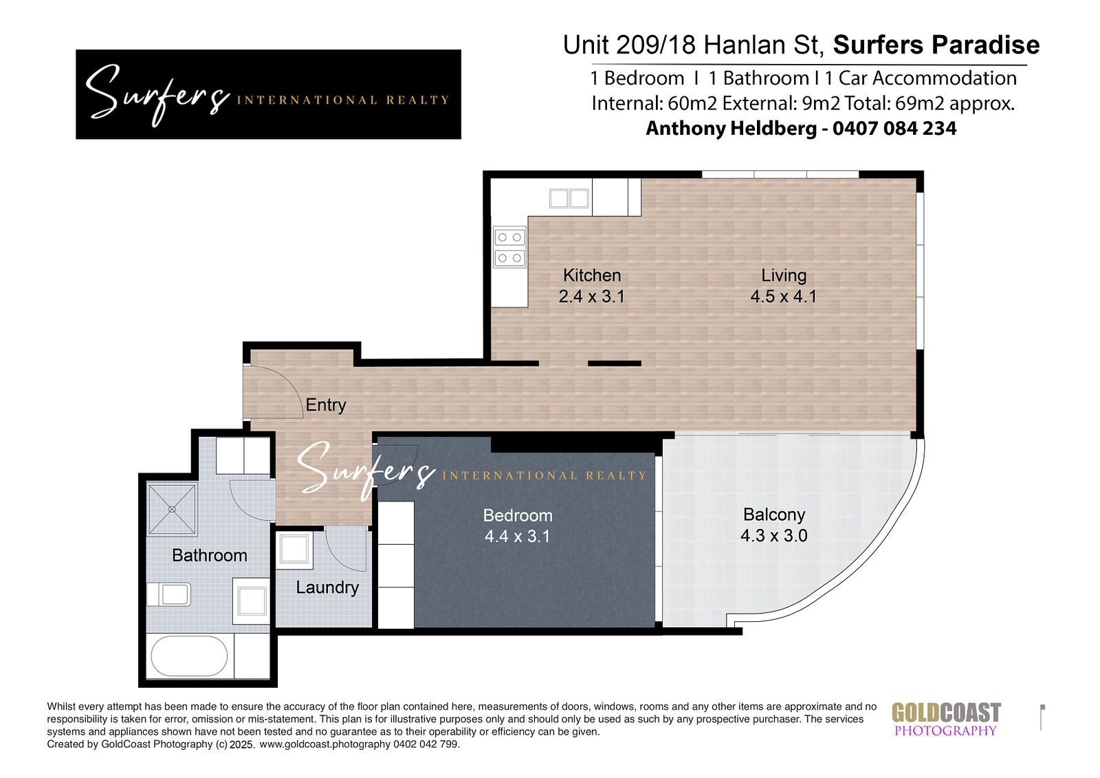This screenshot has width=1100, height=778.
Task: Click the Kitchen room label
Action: (592, 275)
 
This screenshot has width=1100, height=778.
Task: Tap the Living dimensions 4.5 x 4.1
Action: (783, 296)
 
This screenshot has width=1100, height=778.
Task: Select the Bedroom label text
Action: (518, 515)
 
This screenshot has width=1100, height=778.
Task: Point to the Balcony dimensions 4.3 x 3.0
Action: (774, 535)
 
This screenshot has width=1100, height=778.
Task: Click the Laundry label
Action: (327, 588)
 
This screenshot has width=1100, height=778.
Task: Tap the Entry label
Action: (326, 405)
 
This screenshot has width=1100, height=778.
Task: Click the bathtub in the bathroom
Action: (189, 656)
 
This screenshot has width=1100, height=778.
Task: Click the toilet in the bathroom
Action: (168, 594)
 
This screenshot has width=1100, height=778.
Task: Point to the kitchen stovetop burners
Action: (509, 248)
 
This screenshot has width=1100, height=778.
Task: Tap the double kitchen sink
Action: (569, 199)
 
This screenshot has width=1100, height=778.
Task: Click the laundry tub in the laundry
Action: (294, 548)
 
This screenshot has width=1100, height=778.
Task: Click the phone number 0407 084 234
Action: (894, 129)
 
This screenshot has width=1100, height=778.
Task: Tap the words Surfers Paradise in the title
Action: (936, 45)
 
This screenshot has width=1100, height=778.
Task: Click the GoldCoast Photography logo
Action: (946, 719)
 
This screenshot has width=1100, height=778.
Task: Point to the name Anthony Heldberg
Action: (731, 129)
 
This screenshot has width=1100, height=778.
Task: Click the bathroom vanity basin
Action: (252, 601)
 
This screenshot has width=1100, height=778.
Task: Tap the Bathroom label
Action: (209, 555)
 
